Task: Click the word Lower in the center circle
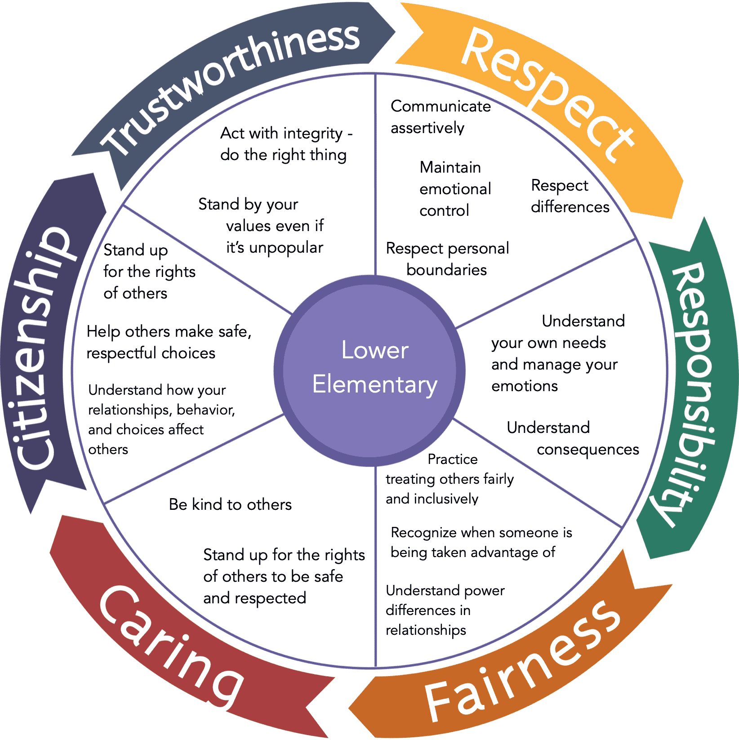pyautogui.click(x=374, y=350)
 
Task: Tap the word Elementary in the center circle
pyautogui.click(x=374, y=385)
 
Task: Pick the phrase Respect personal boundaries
pyautogui.click(x=447, y=259)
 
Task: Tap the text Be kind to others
pyautogui.click(x=230, y=504)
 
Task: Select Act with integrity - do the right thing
pyautogui.click(x=284, y=144)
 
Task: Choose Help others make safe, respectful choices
pyautogui.click(x=169, y=342)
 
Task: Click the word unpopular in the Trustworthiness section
pyautogui.click(x=286, y=248)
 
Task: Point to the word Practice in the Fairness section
pyautogui.click(x=452, y=459)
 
